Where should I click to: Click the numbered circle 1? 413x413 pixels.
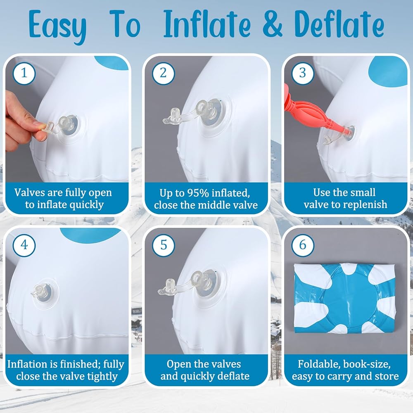(x=24, y=73)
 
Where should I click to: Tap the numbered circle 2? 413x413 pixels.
(x=163, y=73)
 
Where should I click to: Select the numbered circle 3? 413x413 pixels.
(x=303, y=73)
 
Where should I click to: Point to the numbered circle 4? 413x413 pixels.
(x=24, y=245)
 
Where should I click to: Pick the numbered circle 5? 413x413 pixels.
(x=163, y=245)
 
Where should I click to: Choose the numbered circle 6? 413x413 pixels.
(x=303, y=245)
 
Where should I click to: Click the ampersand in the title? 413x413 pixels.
(x=272, y=24)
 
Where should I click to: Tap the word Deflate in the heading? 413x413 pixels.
(x=339, y=24)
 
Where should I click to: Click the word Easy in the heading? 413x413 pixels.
(x=57, y=26)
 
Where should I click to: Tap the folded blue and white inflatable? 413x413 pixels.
(x=344, y=298)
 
